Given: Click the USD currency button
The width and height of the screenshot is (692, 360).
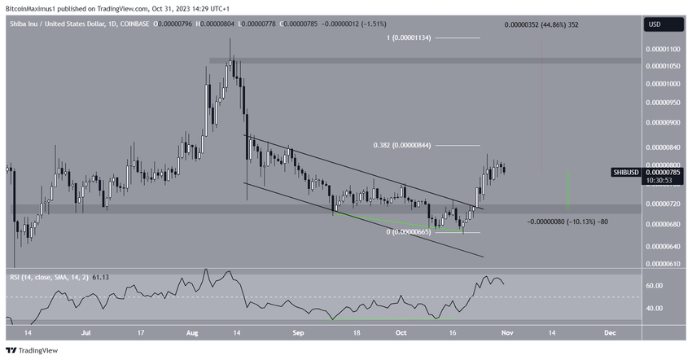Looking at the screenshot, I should point(655,24).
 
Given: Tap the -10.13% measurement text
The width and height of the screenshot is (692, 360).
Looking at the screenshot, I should point(568,222).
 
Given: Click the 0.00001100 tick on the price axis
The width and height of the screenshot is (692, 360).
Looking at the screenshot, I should point(663,50).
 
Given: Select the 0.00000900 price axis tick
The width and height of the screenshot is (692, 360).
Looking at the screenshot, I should point(663,123).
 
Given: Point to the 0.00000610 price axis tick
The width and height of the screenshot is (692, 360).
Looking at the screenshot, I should point(663,264).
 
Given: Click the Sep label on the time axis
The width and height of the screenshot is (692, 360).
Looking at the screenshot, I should point(297,333).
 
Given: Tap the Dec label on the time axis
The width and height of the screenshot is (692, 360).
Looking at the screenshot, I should point(610,333).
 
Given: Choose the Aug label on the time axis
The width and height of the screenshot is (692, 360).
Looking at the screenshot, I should point(192,333).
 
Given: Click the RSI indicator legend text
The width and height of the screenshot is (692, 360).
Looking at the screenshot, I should point(58,278).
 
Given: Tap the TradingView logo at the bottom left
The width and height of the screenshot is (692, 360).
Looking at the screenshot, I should point(33,351).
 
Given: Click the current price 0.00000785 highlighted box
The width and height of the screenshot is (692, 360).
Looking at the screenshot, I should point(662,172).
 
